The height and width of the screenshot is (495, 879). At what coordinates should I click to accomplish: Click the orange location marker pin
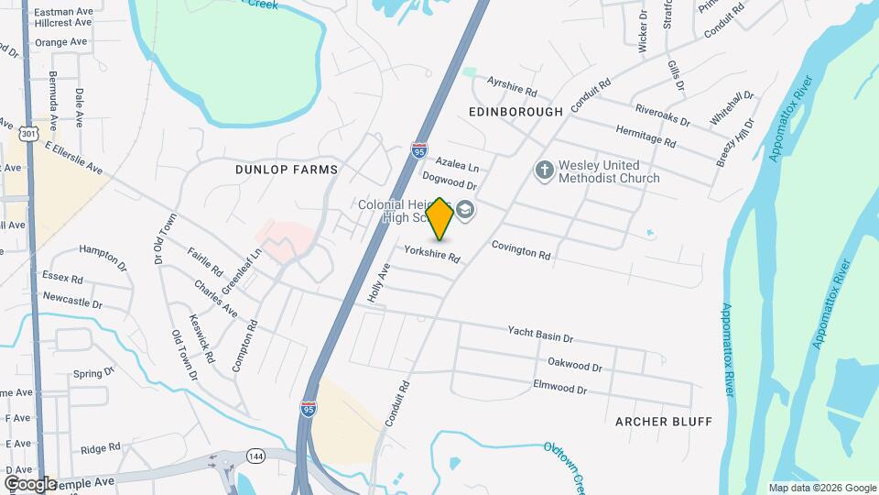pos(439,219)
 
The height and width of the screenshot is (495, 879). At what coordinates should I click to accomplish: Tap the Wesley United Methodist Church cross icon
pos(544,170)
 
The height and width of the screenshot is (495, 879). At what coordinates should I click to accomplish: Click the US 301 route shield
pos(29,134)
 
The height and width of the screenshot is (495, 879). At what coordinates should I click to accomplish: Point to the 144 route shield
pos(255,456)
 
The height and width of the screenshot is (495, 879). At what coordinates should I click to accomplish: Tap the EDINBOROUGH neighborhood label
pos(515,111)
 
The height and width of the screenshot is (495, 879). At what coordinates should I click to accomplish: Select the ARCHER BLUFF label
pos(664,421)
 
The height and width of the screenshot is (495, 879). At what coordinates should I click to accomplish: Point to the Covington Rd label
pos(521,249)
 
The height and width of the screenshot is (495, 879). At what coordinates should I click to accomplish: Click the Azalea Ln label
pos(457,164)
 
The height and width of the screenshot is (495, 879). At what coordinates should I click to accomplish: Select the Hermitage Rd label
pos(646,137)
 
